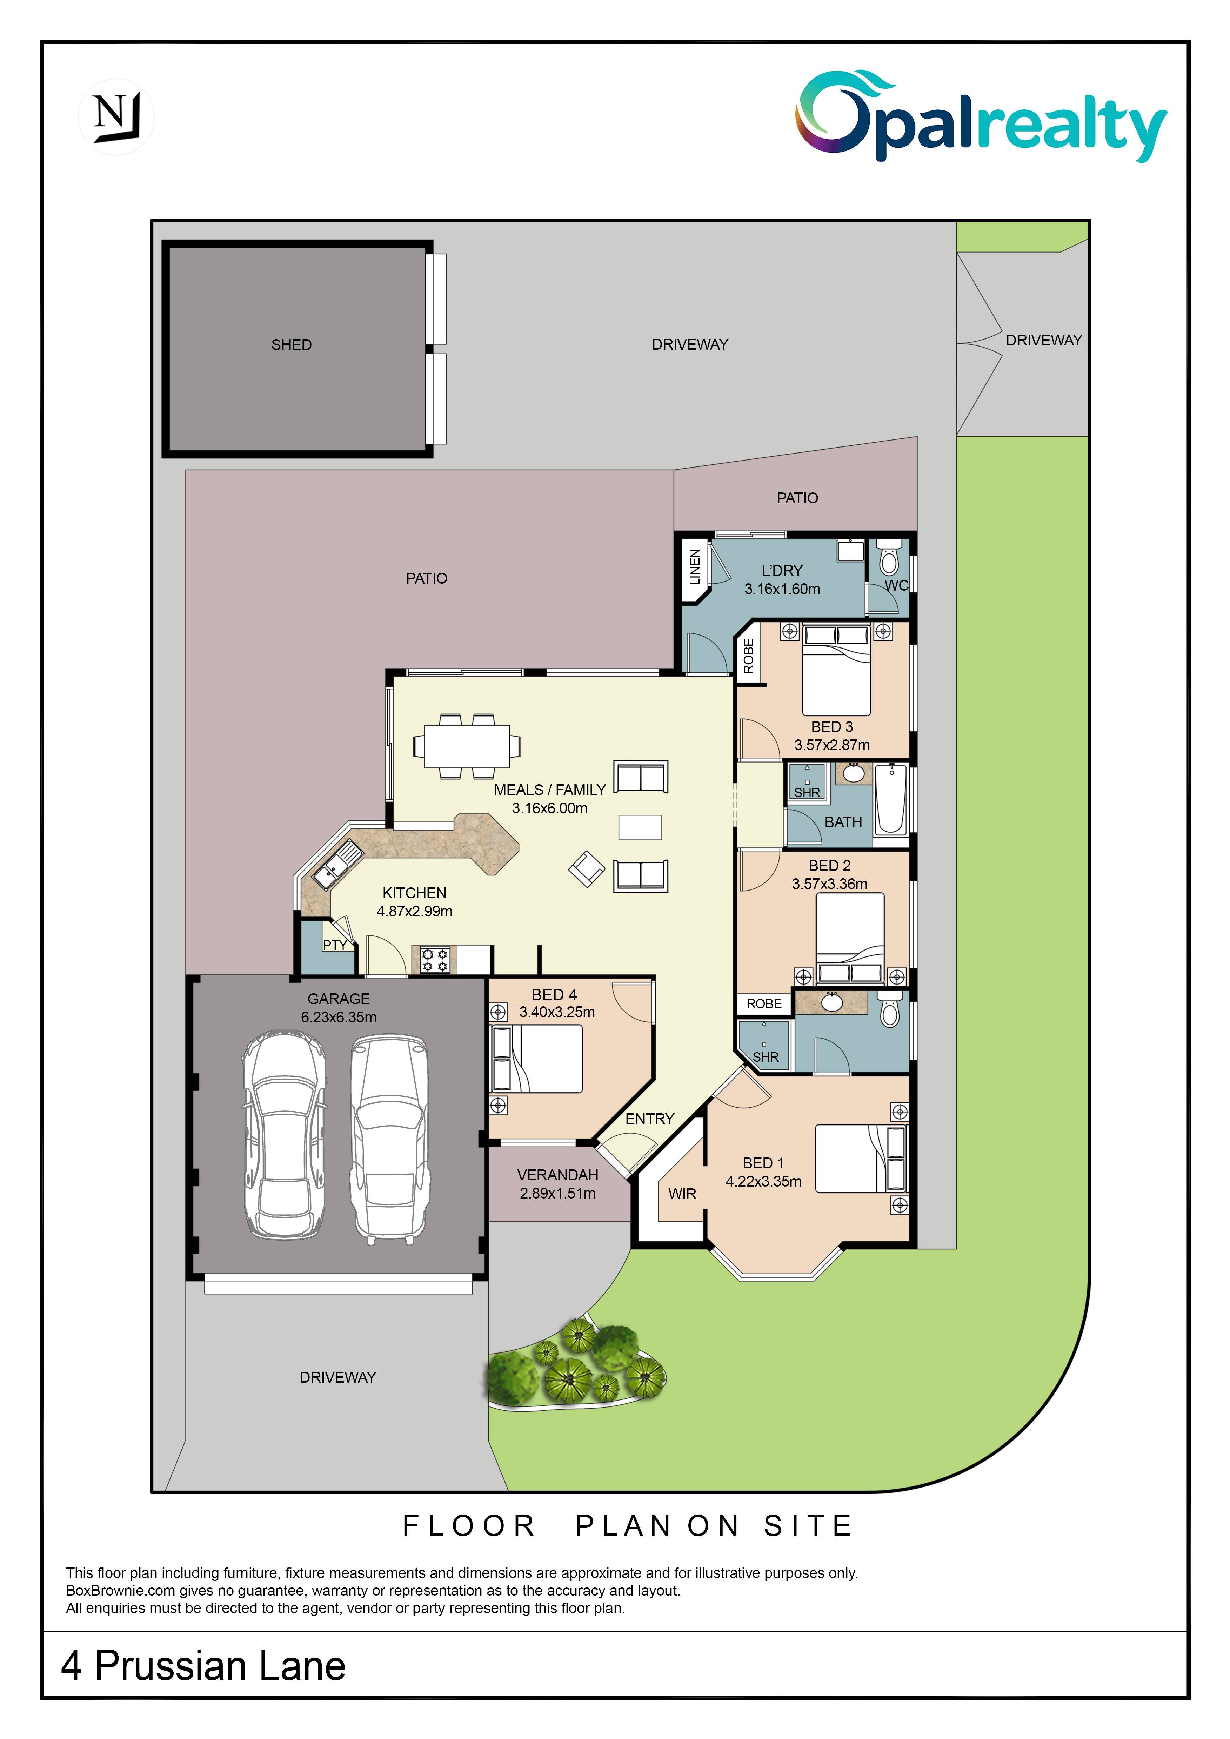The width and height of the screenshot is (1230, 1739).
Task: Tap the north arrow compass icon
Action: pos(116,117)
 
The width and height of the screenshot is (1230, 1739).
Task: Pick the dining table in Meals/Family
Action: pos(467,746)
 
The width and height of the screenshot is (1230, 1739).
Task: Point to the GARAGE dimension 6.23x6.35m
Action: pos(339,1017)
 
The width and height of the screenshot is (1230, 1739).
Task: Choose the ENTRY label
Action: pos(649,1119)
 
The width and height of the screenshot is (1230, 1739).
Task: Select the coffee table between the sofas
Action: pos(640,827)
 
